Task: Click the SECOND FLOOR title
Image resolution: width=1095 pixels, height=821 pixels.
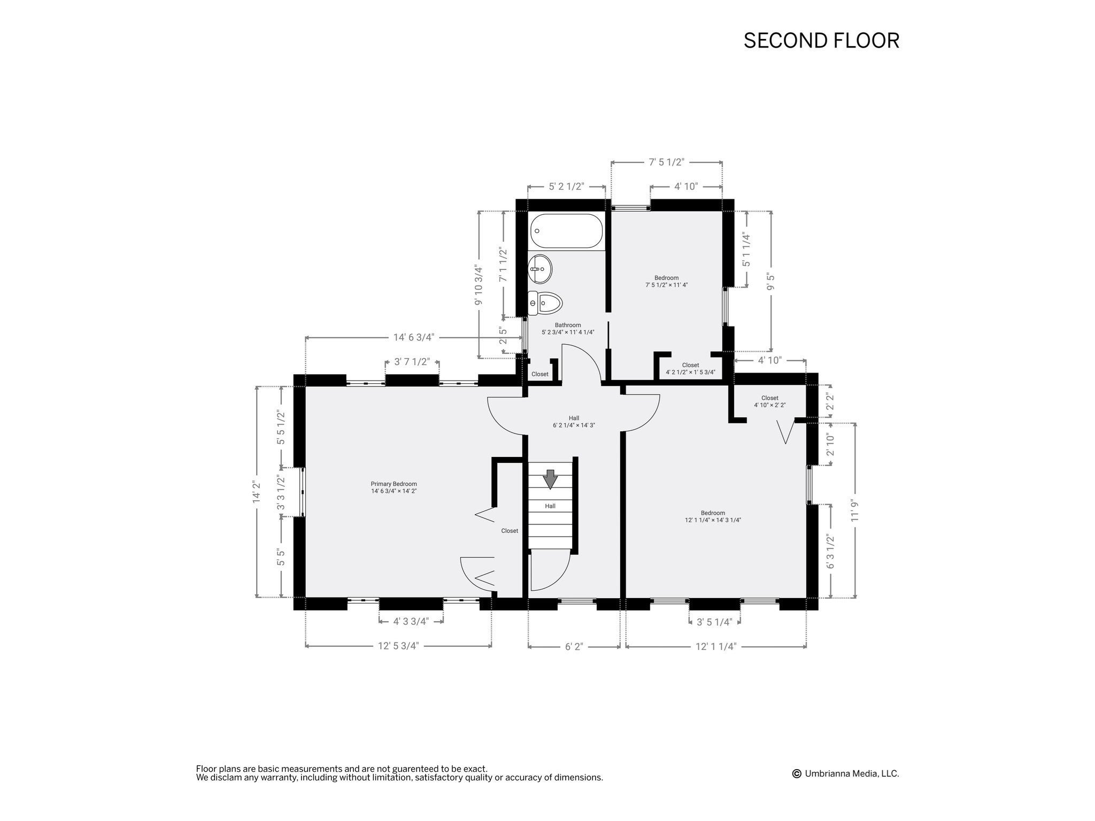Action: pyautogui.click(x=821, y=41)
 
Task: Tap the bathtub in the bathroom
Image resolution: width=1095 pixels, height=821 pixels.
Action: pyautogui.click(x=566, y=231)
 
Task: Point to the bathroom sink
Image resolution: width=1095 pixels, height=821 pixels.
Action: pyautogui.click(x=540, y=270)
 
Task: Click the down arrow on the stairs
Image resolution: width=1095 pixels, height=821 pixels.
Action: pyautogui.click(x=550, y=479)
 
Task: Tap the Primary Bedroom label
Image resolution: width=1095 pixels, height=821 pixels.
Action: pyautogui.click(x=394, y=487)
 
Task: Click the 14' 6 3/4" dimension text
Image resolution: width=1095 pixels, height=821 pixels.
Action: pyautogui.click(x=414, y=337)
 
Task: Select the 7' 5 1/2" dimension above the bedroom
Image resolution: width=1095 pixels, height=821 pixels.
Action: pyautogui.click(x=667, y=162)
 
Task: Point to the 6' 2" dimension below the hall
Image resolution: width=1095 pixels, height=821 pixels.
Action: pyautogui.click(x=574, y=647)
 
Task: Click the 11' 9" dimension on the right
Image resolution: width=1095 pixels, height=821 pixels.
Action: pyautogui.click(x=855, y=510)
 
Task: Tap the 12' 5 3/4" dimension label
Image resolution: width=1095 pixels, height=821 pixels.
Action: pyautogui.click(x=398, y=646)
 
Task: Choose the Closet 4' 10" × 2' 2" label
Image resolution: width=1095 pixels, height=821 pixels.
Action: pyautogui.click(x=769, y=401)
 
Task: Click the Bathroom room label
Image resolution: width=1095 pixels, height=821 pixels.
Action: pyautogui.click(x=568, y=328)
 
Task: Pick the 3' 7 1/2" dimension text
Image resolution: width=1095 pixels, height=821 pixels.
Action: pyautogui.click(x=412, y=362)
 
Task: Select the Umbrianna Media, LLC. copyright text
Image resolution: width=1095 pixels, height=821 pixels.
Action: pyautogui.click(x=846, y=773)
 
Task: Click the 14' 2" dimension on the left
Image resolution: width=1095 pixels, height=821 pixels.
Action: pyautogui.click(x=257, y=492)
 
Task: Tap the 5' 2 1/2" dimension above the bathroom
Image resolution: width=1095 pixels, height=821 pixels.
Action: pyautogui.click(x=566, y=187)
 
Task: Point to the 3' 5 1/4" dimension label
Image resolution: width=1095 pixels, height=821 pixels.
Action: pyautogui.click(x=714, y=622)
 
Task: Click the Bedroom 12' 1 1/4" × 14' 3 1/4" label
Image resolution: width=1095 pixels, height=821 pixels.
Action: pyautogui.click(x=713, y=516)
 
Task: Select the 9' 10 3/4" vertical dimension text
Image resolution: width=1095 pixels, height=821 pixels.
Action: pyautogui.click(x=479, y=285)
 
